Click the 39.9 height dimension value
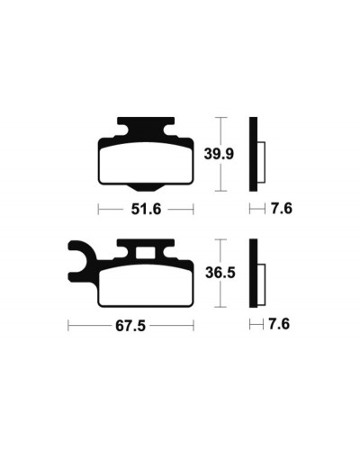(x=219, y=154)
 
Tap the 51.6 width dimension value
(x=146, y=209)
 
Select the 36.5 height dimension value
(x=220, y=273)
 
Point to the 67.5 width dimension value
(x=130, y=326)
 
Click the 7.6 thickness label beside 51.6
(x=282, y=209)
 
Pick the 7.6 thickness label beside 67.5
(x=279, y=324)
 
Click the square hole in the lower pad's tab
(x=146, y=253)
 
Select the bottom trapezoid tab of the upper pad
(x=146, y=188)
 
